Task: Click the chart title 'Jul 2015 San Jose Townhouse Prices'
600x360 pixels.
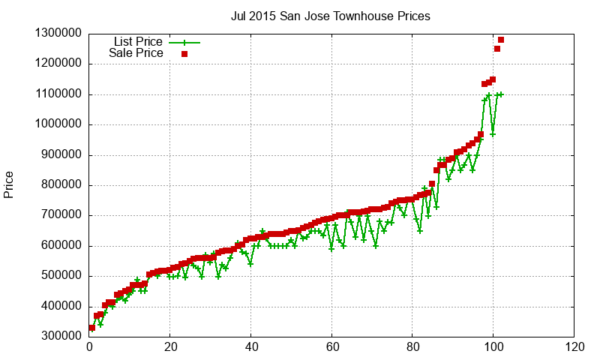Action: point(330,16)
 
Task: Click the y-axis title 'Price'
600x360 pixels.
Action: point(9,184)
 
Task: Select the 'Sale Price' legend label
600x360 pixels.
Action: point(136,53)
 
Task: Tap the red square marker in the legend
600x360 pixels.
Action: point(184,54)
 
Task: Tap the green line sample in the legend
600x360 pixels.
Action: point(184,42)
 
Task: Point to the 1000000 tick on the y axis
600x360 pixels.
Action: point(58,124)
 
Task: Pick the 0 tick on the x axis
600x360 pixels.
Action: point(89,347)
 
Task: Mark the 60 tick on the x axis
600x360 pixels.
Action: point(331,347)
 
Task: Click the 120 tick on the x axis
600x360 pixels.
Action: point(574,347)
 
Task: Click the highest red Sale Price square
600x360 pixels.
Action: point(501,40)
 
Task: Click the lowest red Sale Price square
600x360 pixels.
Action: point(92,328)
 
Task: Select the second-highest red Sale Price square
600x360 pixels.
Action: point(497,49)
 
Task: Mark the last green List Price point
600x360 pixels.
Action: point(501,94)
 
